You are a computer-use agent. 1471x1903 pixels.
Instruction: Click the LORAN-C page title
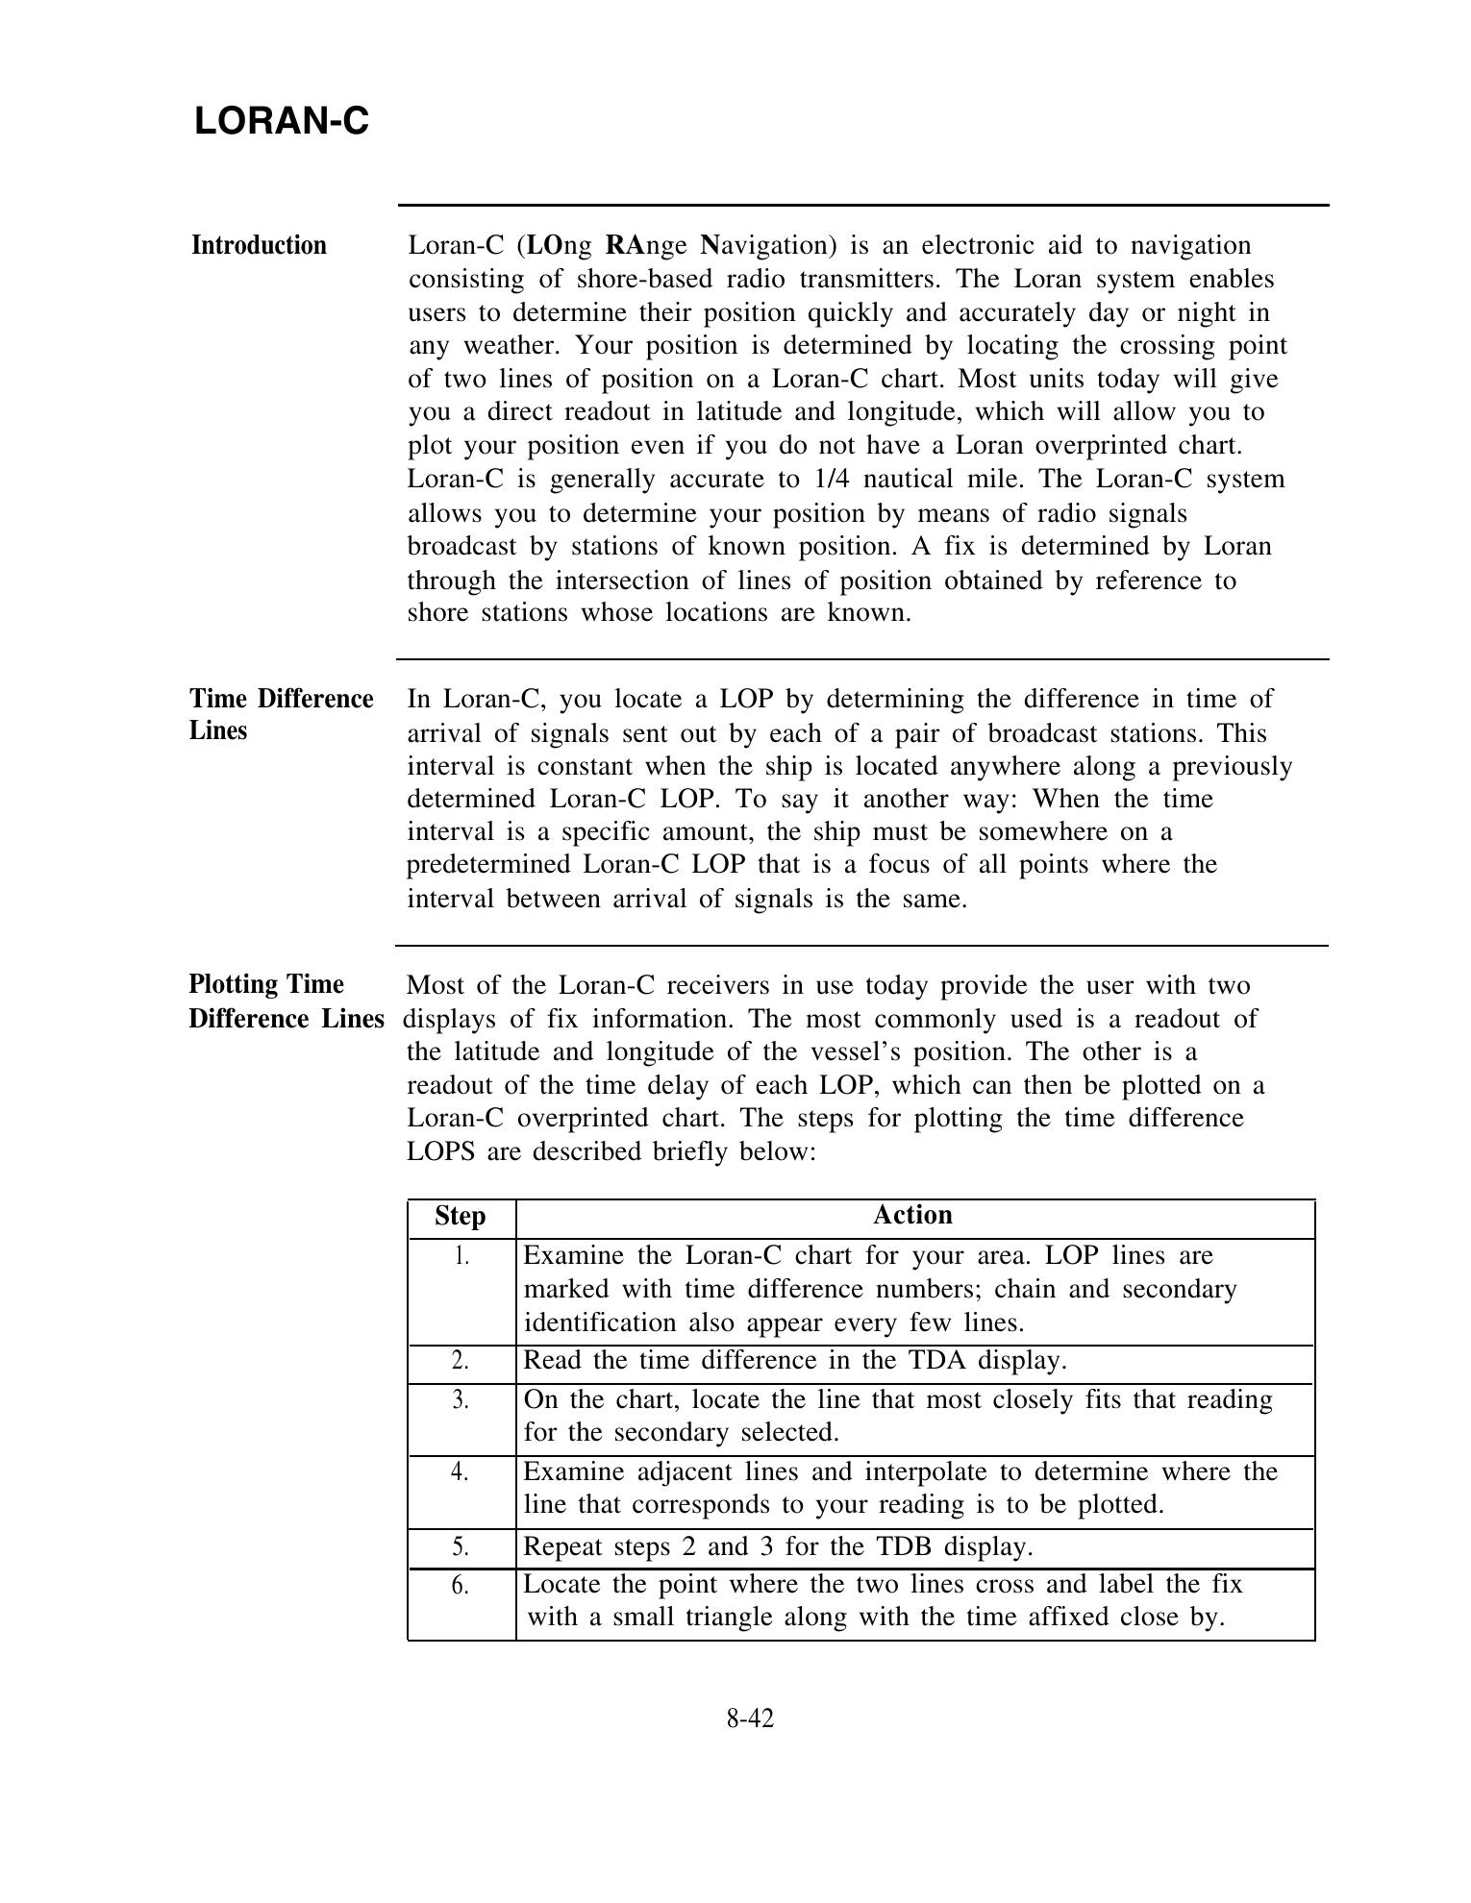[x=282, y=122]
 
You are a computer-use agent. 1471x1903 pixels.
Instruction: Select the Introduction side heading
[x=259, y=246]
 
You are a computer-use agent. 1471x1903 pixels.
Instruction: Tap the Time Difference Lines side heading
[x=281, y=714]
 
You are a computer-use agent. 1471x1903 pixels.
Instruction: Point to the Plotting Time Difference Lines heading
[x=286, y=1001]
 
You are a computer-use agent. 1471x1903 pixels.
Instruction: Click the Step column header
[x=461, y=1217]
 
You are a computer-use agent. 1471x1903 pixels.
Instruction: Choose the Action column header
[x=912, y=1216]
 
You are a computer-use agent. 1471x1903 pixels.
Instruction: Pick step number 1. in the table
[x=461, y=1255]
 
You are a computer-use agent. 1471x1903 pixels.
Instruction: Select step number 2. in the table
[x=461, y=1361]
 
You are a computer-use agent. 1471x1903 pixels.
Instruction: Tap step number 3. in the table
[x=461, y=1400]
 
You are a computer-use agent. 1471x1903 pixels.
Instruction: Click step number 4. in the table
[x=461, y=1472]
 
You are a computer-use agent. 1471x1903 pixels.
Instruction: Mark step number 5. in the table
[x=461, y=1546]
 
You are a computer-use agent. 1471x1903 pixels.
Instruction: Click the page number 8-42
[x=750, y=1718]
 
